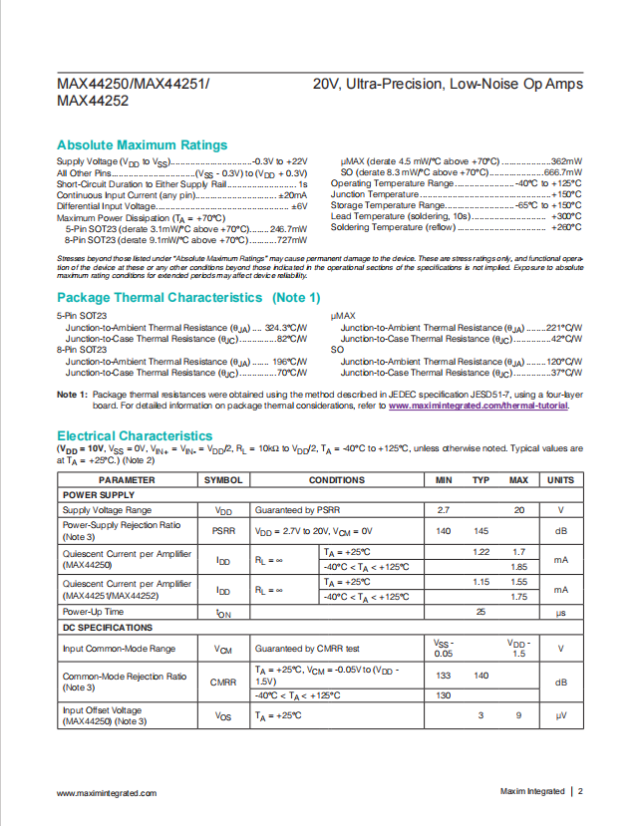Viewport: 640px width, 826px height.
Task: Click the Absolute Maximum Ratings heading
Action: click(143, 144)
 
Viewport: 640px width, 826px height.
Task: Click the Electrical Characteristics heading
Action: click(135, 435)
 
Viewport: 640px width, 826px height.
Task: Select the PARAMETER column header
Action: click(127, 480)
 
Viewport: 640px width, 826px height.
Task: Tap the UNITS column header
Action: click(560, 480)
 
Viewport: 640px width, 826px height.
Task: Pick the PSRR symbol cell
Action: click(223, 531)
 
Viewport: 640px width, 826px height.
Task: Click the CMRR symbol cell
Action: click(223, 683)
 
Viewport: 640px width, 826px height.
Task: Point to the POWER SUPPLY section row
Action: click(99, 494)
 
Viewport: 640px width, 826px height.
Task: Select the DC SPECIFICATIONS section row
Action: click(108, 628)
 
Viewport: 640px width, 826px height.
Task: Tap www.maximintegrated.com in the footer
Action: click(107, 793)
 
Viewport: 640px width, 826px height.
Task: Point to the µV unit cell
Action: click(560, 715)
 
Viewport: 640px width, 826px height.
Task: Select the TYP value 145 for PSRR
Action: click(480, 531)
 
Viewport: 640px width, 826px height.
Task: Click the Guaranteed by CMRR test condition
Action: click(305, 649)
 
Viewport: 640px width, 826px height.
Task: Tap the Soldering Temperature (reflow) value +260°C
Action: click(565, 227)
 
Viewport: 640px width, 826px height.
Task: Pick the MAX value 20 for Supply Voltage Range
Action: click(519, 509)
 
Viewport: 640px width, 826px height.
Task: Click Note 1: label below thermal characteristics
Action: click(72, 395)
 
